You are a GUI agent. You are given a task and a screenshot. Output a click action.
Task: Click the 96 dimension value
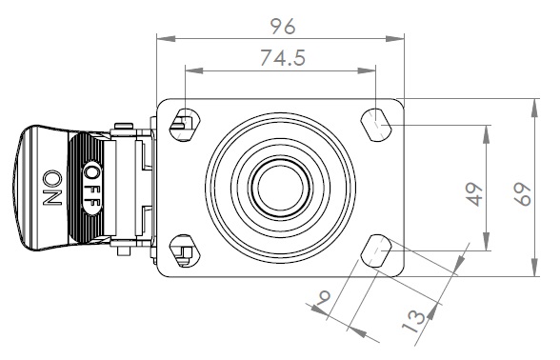point(283,26)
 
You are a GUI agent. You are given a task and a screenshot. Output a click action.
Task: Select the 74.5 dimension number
point(283,57)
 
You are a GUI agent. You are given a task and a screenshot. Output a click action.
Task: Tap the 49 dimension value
point(474,194)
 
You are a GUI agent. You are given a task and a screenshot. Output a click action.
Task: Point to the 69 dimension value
point(523,194)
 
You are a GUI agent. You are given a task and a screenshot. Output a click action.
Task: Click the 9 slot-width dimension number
point(324,297)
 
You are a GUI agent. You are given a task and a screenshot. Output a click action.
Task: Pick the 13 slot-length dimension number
point(413,321)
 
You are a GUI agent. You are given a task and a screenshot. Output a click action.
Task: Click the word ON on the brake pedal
point(52,188)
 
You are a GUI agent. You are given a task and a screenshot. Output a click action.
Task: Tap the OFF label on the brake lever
point(92,189)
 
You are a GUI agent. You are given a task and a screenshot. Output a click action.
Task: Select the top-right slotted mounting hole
point(375,125)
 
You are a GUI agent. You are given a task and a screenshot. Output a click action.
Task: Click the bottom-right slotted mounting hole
point(375,250)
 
